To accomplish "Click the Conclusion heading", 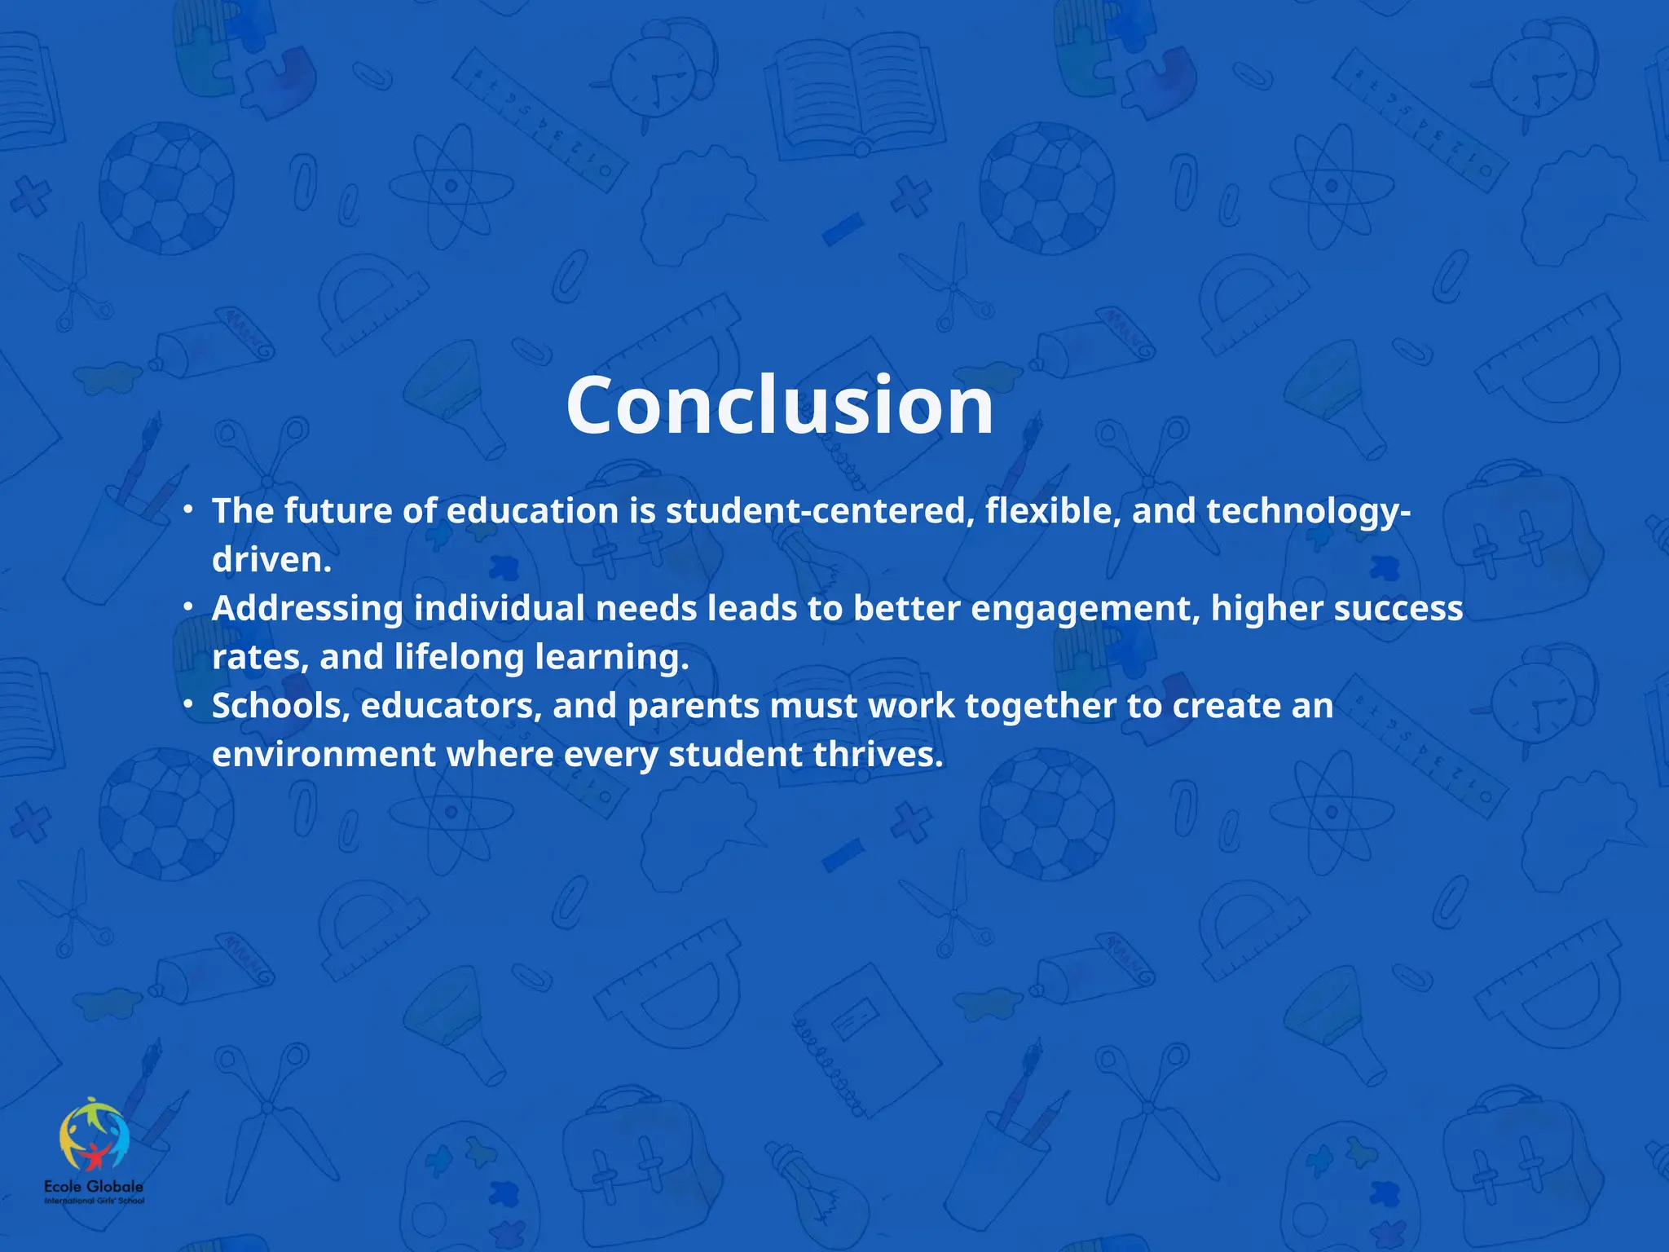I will pyautogui.click(x=780, y=405).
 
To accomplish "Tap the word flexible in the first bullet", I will pyautogui.click(x=1052, y=511).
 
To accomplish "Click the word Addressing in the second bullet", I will pyautogui.click(x=307, y=609).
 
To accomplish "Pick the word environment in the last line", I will pyautogui.click(x=324, y=755).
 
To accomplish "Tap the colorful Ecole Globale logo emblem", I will pyautogui.click(x=94, y=1135).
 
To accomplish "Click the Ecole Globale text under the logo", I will pyautogui.click(x=94, y=1187).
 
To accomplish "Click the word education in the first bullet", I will pyautogui.click(x=532, y=511).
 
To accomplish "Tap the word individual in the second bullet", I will pyautogui.click(x=499, y=609).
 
